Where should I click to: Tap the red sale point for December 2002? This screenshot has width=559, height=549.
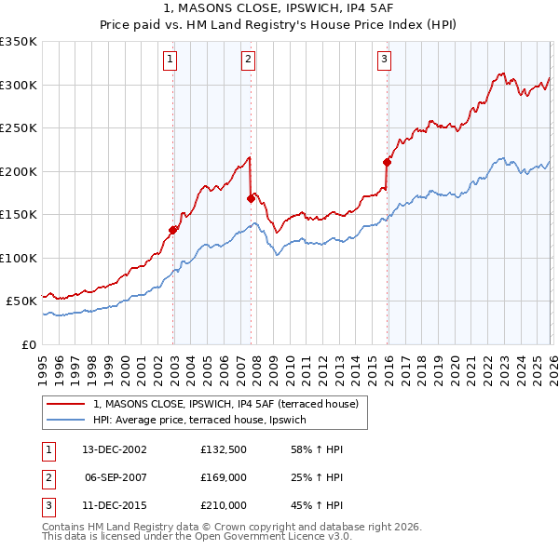point(173,229)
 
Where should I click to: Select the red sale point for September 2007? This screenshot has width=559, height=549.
point(251,198)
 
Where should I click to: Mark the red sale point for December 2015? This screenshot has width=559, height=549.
point(387,162)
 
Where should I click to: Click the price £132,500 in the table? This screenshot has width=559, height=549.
point(224,449)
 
